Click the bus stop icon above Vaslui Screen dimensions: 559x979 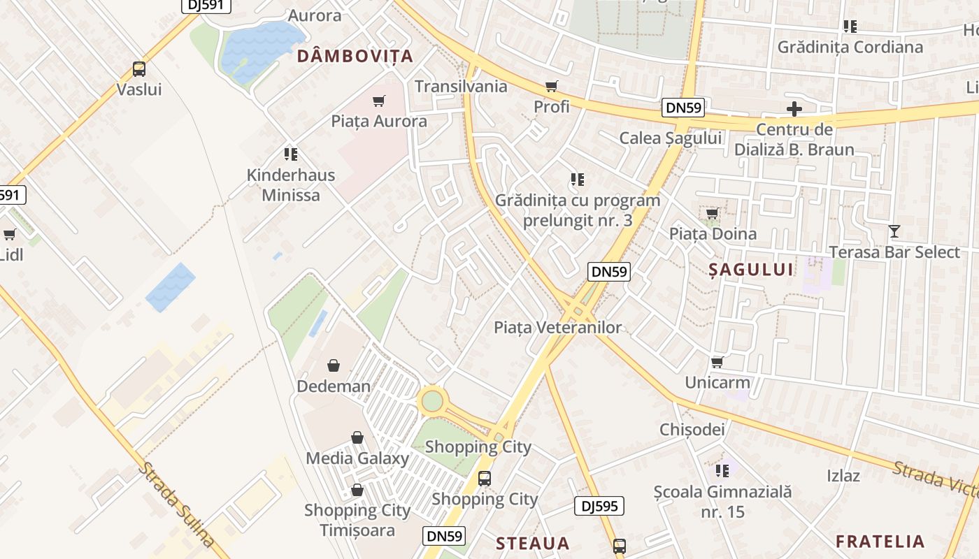pyautogui.click(x=139, y=69)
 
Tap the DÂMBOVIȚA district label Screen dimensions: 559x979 pyautogui.click(x=355, y=56)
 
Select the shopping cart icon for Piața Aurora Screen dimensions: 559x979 pyautogui.click(x=379, y=101)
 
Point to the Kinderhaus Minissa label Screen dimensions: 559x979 pyautogui.click(x=291, y=185)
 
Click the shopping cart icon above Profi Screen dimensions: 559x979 pyautogui.click(x=552, y=87)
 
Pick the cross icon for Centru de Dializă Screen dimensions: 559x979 pyautogui.click(x=794, y=109)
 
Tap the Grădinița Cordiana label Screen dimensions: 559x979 pyautogui.click(x=850, y=47)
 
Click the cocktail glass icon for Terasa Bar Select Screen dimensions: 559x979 pyautogui.click(x=894, y=231)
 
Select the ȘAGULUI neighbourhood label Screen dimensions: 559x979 pyautogui.click(x=751, y=270)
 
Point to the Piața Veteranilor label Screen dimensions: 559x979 pyautogui.click(x=557, y=327)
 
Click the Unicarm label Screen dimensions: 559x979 pyautogui.click(x=717, y=382)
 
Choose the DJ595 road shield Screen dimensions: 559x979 pyautogui.click(x=599, y=506)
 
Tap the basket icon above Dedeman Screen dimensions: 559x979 pyautogui.click(x=334, y=365)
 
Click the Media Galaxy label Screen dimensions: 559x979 pyautogui.click(x=357, y=458)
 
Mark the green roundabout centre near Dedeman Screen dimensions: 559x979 pyautogui.click(x=432, y=401)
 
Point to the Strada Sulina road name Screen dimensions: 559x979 pyautogui.click(x=176, y=504)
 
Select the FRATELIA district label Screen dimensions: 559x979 pyautogui.click(x=880, y=541)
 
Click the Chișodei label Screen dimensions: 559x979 pyautogui.click(x=692, y=429)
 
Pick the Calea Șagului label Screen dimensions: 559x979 pyautogui.click(x=670, y=138)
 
